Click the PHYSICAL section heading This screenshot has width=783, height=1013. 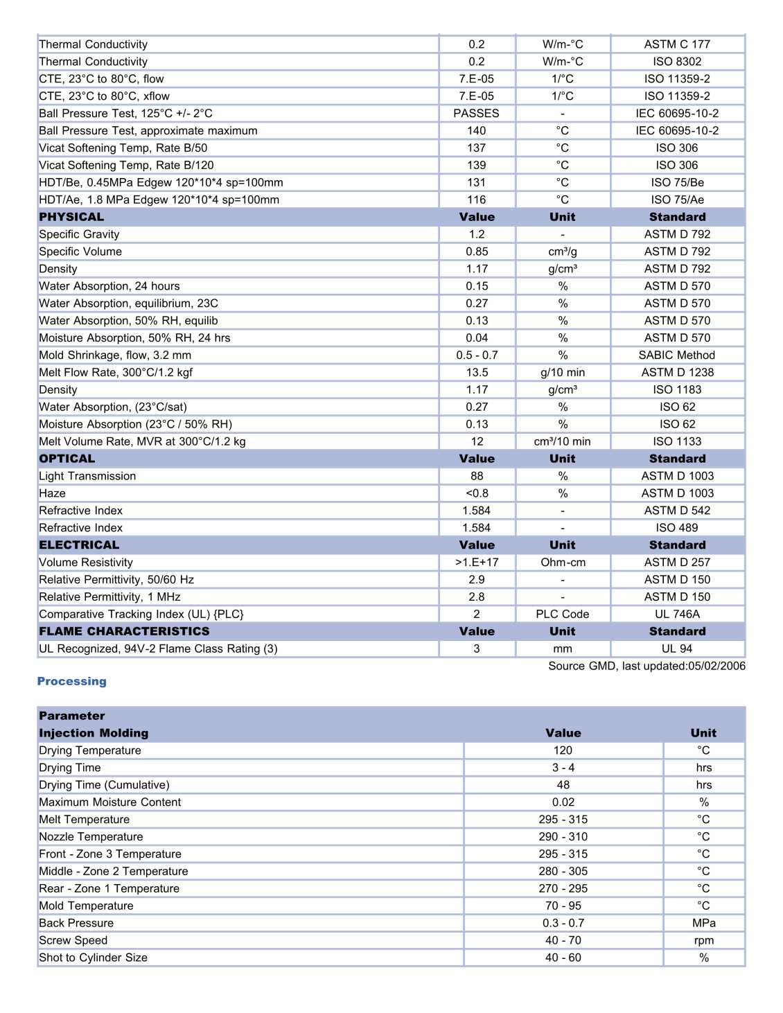[x=71, y=217]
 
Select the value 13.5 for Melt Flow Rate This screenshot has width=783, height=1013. [x=477, y=372]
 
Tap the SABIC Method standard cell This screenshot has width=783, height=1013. [x=677, y=355]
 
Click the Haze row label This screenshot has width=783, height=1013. [x=53, y=493]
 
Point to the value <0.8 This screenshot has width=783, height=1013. [x=477, y=493]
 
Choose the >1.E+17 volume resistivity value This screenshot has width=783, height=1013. [x=477, y=562]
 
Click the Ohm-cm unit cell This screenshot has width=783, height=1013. [x=563, y=562]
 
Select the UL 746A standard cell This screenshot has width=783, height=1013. [x=677, y=614]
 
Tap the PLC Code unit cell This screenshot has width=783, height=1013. [x=563, y=614]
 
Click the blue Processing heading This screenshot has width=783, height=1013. [x=72, y=681]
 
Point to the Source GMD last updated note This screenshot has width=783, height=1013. [x=646, y=666]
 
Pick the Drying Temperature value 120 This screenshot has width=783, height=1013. [x=563, y=750]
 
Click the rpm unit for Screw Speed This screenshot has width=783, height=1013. [x=703, y=940]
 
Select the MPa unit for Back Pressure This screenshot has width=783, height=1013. [x=703, y=923]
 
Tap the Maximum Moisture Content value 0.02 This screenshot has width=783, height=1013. [x=563, y=802]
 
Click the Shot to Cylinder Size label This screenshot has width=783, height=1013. [x=94, y=958]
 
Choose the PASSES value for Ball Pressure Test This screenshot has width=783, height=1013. [x=477, y=113]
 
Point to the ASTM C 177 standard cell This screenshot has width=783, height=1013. [x=677, y=44]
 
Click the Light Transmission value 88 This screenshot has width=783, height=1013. [x=477, y=476]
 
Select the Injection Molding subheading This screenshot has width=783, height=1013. [x=94, y=733]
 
